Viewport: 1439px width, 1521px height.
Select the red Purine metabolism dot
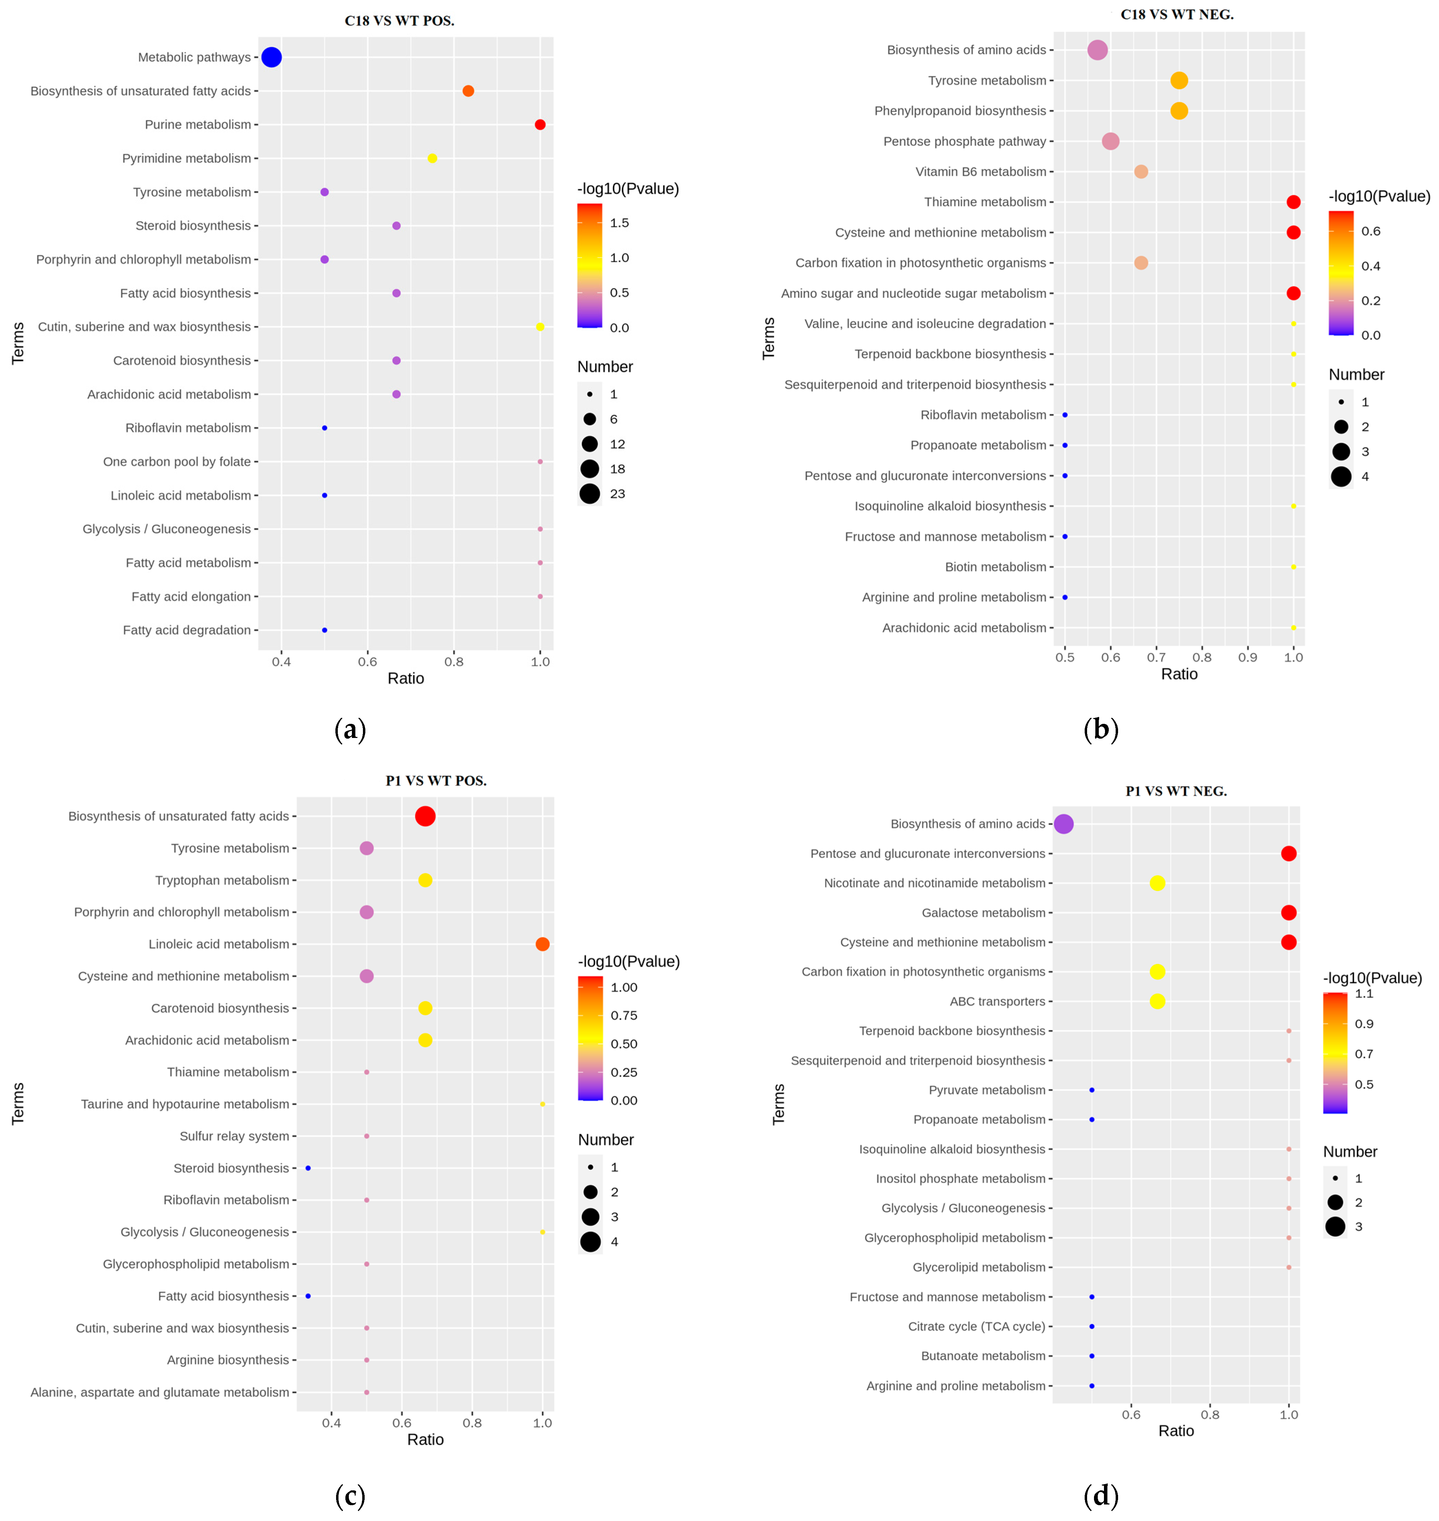(540, 124)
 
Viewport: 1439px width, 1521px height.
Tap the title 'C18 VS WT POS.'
(400, 21)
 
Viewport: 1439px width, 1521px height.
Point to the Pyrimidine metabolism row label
(186, 158)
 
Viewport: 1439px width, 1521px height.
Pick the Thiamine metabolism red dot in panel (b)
(1293, 202)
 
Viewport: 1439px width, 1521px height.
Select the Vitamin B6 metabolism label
(981, 172)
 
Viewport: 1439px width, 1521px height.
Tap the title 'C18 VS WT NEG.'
(1177, 14)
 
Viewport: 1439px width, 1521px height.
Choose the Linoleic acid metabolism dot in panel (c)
(542, 944)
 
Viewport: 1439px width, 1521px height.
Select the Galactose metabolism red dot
(1289, 912)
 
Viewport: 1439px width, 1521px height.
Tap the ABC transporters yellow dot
(1157, 1001)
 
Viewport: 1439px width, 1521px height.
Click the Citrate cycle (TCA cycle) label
(977, 1326)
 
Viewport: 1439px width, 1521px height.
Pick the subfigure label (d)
(1101, 1495)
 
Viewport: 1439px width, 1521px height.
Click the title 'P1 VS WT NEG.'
(1176, 791)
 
